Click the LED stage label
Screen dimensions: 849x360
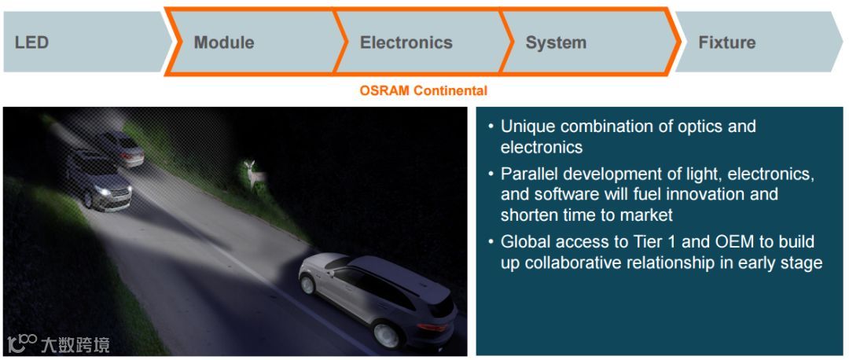coord(32,42)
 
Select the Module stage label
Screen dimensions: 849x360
coord(224,42)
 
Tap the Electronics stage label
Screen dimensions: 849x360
coord(406,42)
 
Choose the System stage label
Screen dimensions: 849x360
coord(556,42)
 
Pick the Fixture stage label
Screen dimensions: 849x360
coord(726,42)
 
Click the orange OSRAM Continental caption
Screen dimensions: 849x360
coord(424,90)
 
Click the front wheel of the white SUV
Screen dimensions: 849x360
coord(309,284)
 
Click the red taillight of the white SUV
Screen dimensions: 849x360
coord(432,328)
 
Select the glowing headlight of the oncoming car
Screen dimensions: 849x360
coord(103,191)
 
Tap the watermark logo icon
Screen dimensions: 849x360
coord(22,344)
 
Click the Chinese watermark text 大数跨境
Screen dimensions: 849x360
coord(75,345)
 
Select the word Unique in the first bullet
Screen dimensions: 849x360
coord(528,127)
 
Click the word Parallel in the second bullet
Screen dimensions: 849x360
coord(529,174)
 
